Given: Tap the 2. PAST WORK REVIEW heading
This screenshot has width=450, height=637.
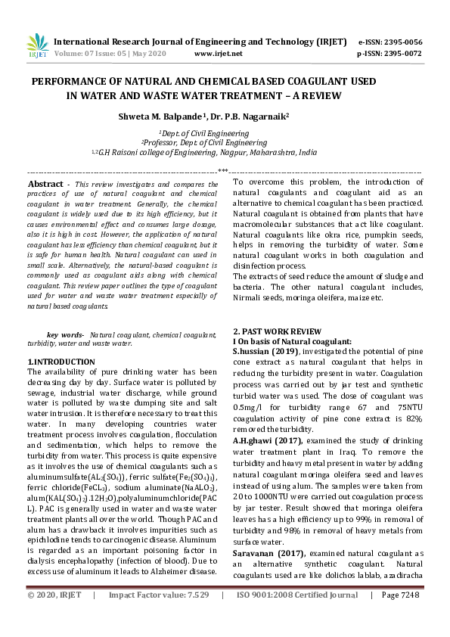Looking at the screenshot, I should click(x=276, y=332).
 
